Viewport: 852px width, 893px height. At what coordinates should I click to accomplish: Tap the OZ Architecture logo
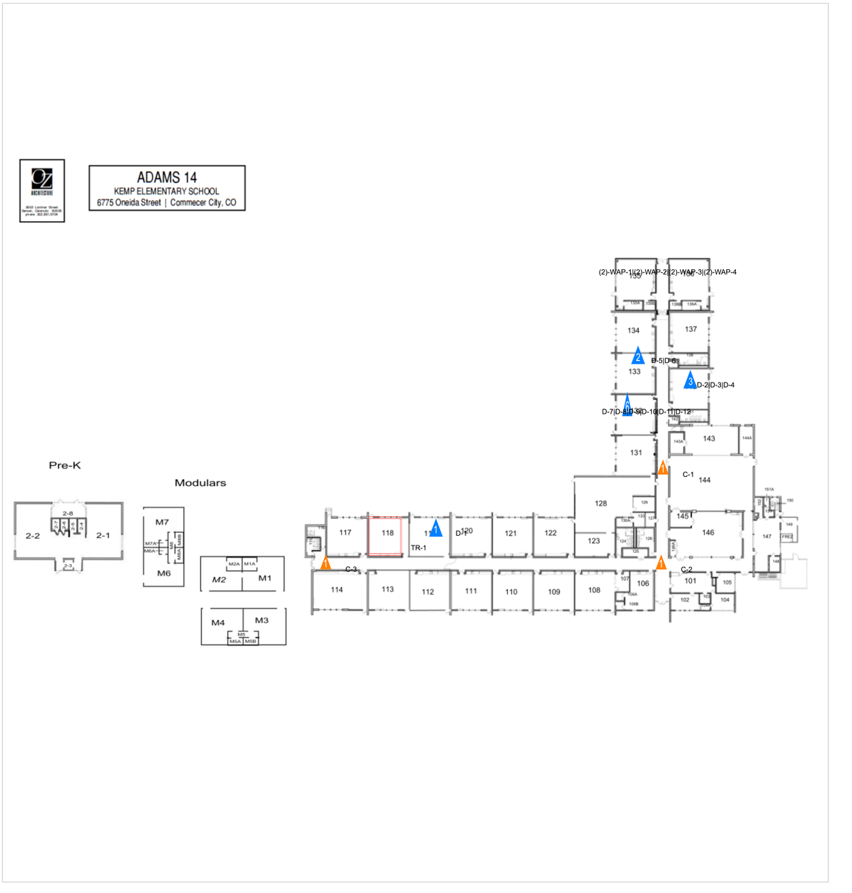pos(42,190)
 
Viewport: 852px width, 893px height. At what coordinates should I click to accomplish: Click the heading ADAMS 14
pos(167,178)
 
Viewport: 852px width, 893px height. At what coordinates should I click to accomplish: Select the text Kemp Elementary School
pos(167,191)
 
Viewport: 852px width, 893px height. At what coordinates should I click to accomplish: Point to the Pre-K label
pos(65,466)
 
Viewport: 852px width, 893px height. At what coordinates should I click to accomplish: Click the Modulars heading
pos(200,483)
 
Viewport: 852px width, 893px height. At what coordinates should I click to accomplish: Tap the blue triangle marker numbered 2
pos(638,356)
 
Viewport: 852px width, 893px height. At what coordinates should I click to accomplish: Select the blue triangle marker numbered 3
pos(690,380)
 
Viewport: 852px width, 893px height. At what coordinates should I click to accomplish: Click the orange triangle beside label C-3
pos(325,563)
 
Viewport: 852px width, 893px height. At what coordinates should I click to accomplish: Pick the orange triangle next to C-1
pos(662,467)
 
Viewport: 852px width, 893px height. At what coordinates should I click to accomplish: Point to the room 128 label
pos(601,504)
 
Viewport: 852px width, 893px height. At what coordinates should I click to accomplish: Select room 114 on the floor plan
pos(337,590)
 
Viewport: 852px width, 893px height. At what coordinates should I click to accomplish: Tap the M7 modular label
pos(162,522)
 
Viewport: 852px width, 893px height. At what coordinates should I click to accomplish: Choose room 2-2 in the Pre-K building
pos(33,536)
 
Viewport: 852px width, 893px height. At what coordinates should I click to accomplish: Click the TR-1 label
pos(419,548)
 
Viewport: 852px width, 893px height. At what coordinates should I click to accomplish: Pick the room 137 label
pos(691,329)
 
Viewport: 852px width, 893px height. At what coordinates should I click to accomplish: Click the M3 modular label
pos(261,621)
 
